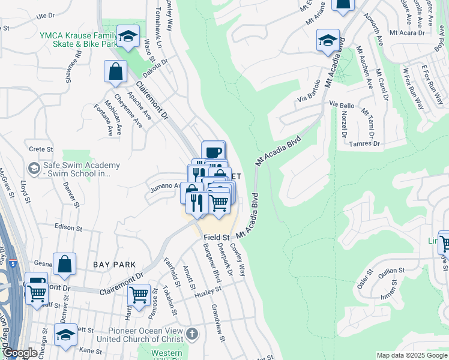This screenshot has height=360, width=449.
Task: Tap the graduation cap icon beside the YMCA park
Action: coord(128,37)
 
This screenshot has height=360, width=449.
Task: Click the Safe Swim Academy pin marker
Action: coord(34,166)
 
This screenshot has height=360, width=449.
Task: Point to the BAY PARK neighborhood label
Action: coord(114,264)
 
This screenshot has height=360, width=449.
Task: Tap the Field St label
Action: coord(217,238)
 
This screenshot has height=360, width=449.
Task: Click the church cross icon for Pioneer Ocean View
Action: coord(191,334)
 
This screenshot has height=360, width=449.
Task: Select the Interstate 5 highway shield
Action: coord(12,262)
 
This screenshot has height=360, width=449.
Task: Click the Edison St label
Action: coord(67,228)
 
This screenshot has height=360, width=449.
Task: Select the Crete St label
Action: coord(41,149)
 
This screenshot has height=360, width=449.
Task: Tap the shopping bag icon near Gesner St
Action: coord(64,264)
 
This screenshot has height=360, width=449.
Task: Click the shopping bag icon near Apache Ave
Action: coord(115,71)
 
